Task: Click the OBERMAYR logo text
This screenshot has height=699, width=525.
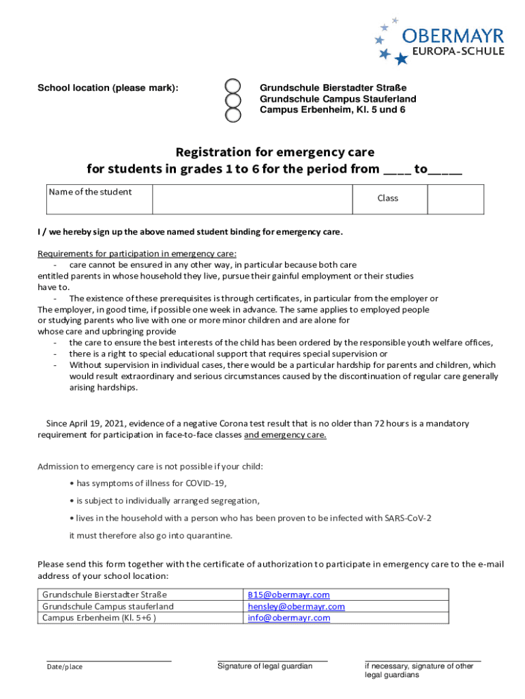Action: (453, 35)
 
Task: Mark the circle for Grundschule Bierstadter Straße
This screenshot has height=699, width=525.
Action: (233, 87)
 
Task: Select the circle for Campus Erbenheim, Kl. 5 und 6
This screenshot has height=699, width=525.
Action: (233, 114)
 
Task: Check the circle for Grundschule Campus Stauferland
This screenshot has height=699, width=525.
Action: (233, 100)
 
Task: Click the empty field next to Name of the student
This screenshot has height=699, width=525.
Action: (251, 199)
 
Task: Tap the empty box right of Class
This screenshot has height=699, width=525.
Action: (455, 199)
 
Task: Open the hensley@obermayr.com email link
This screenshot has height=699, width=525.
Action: (296, 606)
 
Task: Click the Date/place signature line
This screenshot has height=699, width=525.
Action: (108, 661)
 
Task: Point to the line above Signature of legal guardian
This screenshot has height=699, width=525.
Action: (272, 661)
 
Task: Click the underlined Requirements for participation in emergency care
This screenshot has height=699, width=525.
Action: (137, 253)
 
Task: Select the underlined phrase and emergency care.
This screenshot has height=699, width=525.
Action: (285, 435)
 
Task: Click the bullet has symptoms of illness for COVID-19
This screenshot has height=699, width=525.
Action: (151, 483)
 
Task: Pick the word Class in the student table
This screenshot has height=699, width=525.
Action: (388, 199)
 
